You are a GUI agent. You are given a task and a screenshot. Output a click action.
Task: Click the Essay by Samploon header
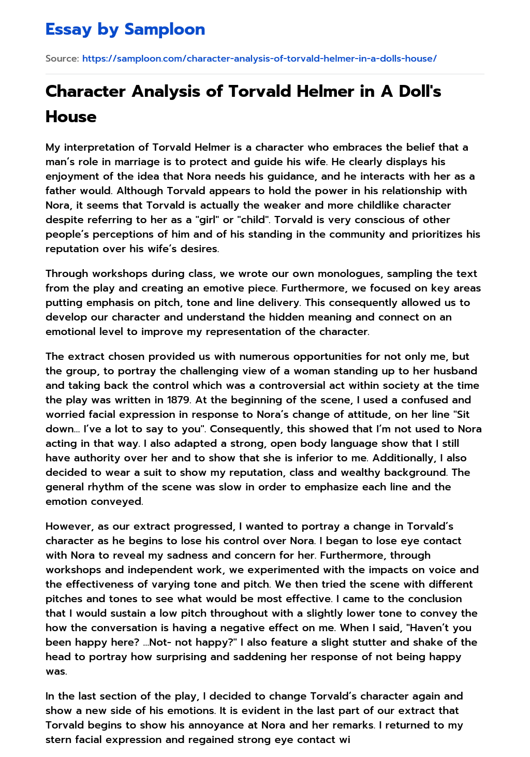125,30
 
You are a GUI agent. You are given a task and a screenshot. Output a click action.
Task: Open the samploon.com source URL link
259,59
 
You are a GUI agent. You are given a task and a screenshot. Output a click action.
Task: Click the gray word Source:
62,59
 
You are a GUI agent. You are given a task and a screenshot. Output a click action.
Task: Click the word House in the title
71,117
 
